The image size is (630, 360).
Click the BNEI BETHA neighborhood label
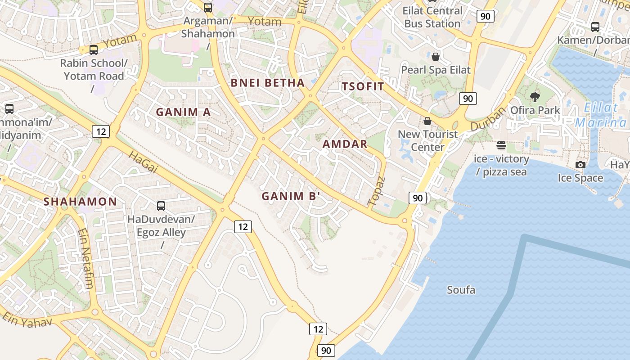(x=267, y=83)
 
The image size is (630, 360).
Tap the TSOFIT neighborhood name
(x=363, y=87)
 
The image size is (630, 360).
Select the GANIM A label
(x=183, y=112)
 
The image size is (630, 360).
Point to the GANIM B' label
(x=291, y=196)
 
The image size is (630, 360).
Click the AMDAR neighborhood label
(x=345, y=144)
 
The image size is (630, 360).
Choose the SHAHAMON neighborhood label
(x=80, y=202)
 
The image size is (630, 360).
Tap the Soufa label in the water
(x=461, y=290)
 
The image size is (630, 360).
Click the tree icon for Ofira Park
(x=535, y=97)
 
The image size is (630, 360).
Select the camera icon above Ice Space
(x=580, y=165)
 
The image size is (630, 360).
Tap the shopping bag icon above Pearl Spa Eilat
(x=435, y=57)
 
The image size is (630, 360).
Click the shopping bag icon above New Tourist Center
(x=427, y=121)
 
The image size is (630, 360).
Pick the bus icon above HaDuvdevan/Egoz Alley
(x=161, y=206)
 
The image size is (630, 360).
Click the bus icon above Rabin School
(x=94, y=50)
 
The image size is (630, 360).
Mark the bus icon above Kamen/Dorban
(x=595, y=27)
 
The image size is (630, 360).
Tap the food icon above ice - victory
(x=501, y=145)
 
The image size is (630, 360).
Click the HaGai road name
(x=144, y=162)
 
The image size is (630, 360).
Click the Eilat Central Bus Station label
(x=432, y=17)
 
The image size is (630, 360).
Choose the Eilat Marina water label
(x=601, y=115)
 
